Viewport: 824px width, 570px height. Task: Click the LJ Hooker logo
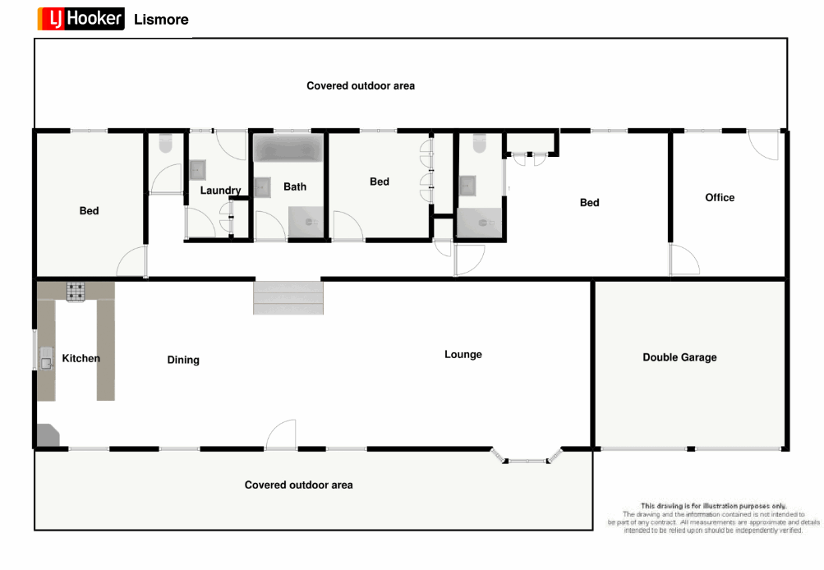pyautogui.click(x=81, y=19)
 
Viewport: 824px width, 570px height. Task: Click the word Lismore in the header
pyautogui.click(x=161, y=20)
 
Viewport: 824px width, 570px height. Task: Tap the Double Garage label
pyautogui.click(x=679, y=357)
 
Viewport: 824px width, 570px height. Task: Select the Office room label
pyautogui.click(x=720, y=197)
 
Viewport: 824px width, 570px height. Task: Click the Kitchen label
pyautogui.click(x=81, y=358)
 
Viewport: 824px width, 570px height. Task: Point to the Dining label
pyautogui.click(x=183, y=360)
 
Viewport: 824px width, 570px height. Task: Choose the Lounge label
pyautogui.click(x=463, y=355)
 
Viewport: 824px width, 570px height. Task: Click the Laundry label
pyautogui.click(x=220, y=191)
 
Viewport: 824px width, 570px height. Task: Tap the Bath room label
pyautogui.click(x=295, y=186)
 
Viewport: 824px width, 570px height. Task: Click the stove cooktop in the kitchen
pyautogui.click(x=76, y=291)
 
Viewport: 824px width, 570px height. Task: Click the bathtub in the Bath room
pyautogui.click(x=289, y=149)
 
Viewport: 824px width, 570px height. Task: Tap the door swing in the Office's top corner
pyautogui.click(x=763, y=145)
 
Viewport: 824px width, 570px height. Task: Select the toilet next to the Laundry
pyautogui.click(x=164, y=143)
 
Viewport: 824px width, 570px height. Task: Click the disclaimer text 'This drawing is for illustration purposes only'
pyautogui.click(x=713, y=506)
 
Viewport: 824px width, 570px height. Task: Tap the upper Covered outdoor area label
pyautogui.click(x=361, y=85)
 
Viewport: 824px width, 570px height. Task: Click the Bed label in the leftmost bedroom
pyautogui.click(x=89, y=211)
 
